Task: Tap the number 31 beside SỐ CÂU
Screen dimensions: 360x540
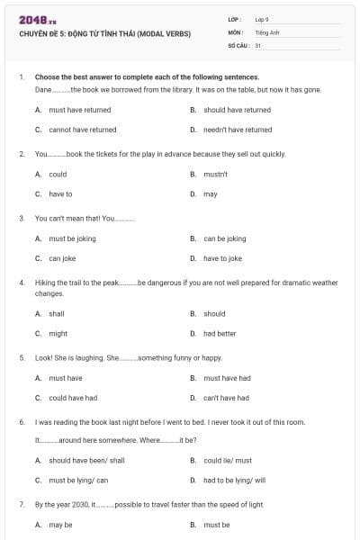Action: pyautogui.click(x=258, y=44)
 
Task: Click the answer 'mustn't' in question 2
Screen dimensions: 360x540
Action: pyautogui.click(x=215, y=174)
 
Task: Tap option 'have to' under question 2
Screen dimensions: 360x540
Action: pyautogui.click(x=60, y=193)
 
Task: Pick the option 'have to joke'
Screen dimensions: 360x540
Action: pyautogui.click(x=222, y=258)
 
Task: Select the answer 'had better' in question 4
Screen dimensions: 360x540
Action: pyautogui.click(x=220, y=333)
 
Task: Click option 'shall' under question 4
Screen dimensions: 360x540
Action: pyautogui.click(x=56, y=314)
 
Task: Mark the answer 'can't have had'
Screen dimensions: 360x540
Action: pyautogui.click(x=226, y=398)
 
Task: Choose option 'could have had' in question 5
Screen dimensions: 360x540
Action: pyautogui.click(x=73, y=398)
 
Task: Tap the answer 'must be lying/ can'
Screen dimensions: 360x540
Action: pyautogui.click(x=78, y=480)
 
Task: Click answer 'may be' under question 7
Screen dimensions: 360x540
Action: pyautogui.click(x=60, y=525)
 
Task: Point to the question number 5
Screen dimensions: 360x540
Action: pyautogui.click(x=21, y=357)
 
